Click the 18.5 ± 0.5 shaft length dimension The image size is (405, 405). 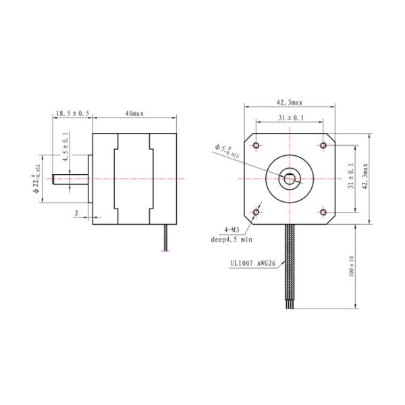[x=72, y=115]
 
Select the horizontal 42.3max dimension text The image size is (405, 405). [x=289, y=103]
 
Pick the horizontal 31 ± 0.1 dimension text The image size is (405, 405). [x=290, y=119]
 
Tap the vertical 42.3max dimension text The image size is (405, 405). [x=365, y=179]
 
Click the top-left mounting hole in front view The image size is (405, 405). [x=256, y=146]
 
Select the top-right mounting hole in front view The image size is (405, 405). [x=323, y=146]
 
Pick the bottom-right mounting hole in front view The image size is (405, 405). [x=323, y=213]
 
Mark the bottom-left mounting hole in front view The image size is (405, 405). [x=256, y=213]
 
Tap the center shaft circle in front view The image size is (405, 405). [x=290, y=179]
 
